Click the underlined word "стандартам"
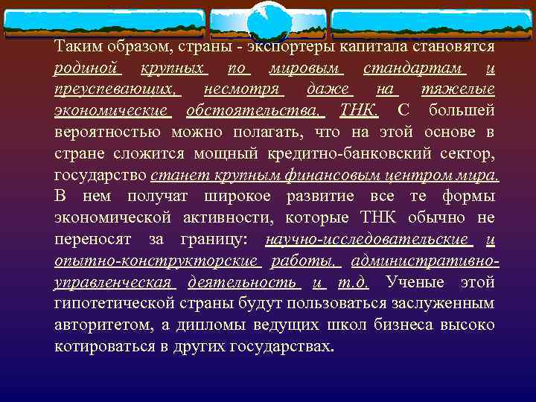(414, 68)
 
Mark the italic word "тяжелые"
(459, 90)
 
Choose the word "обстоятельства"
(255, 112)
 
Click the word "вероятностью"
(107, 133)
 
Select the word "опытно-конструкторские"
(156, 262)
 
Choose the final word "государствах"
(286, 348)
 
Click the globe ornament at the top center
(269, 20)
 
